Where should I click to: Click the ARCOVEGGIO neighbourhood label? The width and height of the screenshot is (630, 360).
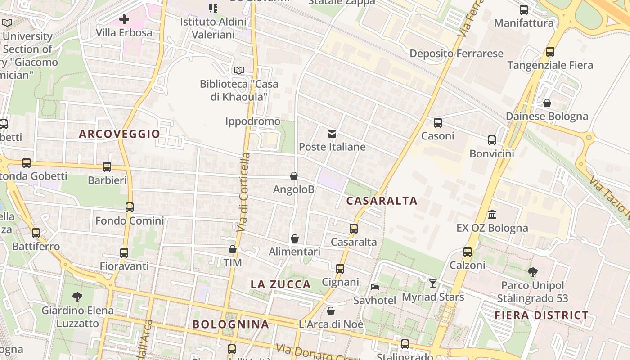tap(119, 134)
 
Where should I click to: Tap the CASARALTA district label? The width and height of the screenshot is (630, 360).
tap(382, 201)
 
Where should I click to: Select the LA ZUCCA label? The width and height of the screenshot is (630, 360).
tap(281, 284)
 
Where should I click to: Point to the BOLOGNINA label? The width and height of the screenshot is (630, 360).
tap(231, 324)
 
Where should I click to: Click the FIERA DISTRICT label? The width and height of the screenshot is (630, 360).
tap(541, 315)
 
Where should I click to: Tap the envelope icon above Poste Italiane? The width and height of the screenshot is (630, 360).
tap(332, 134)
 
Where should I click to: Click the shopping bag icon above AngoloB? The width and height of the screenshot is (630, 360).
tap(294, 176)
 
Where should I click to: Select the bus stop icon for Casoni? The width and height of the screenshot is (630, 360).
tap(437, 122)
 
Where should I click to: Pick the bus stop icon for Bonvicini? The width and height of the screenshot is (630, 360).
tap(491, 140)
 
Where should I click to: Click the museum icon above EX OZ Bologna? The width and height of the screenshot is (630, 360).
tap(492, 214)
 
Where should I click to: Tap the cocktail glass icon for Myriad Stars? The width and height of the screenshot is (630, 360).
tap(432, 283)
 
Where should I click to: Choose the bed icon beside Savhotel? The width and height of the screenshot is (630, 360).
tap(374, 287)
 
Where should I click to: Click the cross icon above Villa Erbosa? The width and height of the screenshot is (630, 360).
tap(124, 19)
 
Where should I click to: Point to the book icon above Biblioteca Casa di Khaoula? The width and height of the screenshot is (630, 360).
tap(238, 71)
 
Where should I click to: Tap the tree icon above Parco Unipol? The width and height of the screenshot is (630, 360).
tap(532, 272)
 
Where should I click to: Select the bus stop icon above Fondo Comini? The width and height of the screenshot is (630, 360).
tap(130, 207)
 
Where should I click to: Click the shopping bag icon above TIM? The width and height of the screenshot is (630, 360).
tap(233, 249)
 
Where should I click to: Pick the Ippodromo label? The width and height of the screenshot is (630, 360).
tap(252, 121)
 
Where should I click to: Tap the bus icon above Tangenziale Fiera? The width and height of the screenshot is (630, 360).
tap(550, 52)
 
